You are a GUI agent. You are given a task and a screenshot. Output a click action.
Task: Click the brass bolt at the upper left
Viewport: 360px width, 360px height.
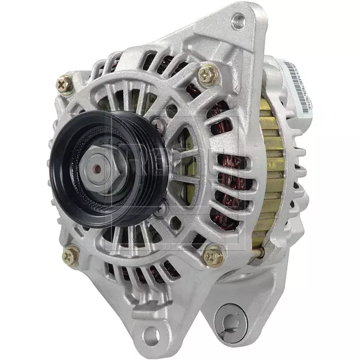point(64,84)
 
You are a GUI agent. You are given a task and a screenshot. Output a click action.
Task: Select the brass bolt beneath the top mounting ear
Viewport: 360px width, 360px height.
point(208,73)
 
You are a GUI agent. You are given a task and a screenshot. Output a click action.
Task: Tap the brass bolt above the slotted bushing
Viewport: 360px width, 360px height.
point(214,256)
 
